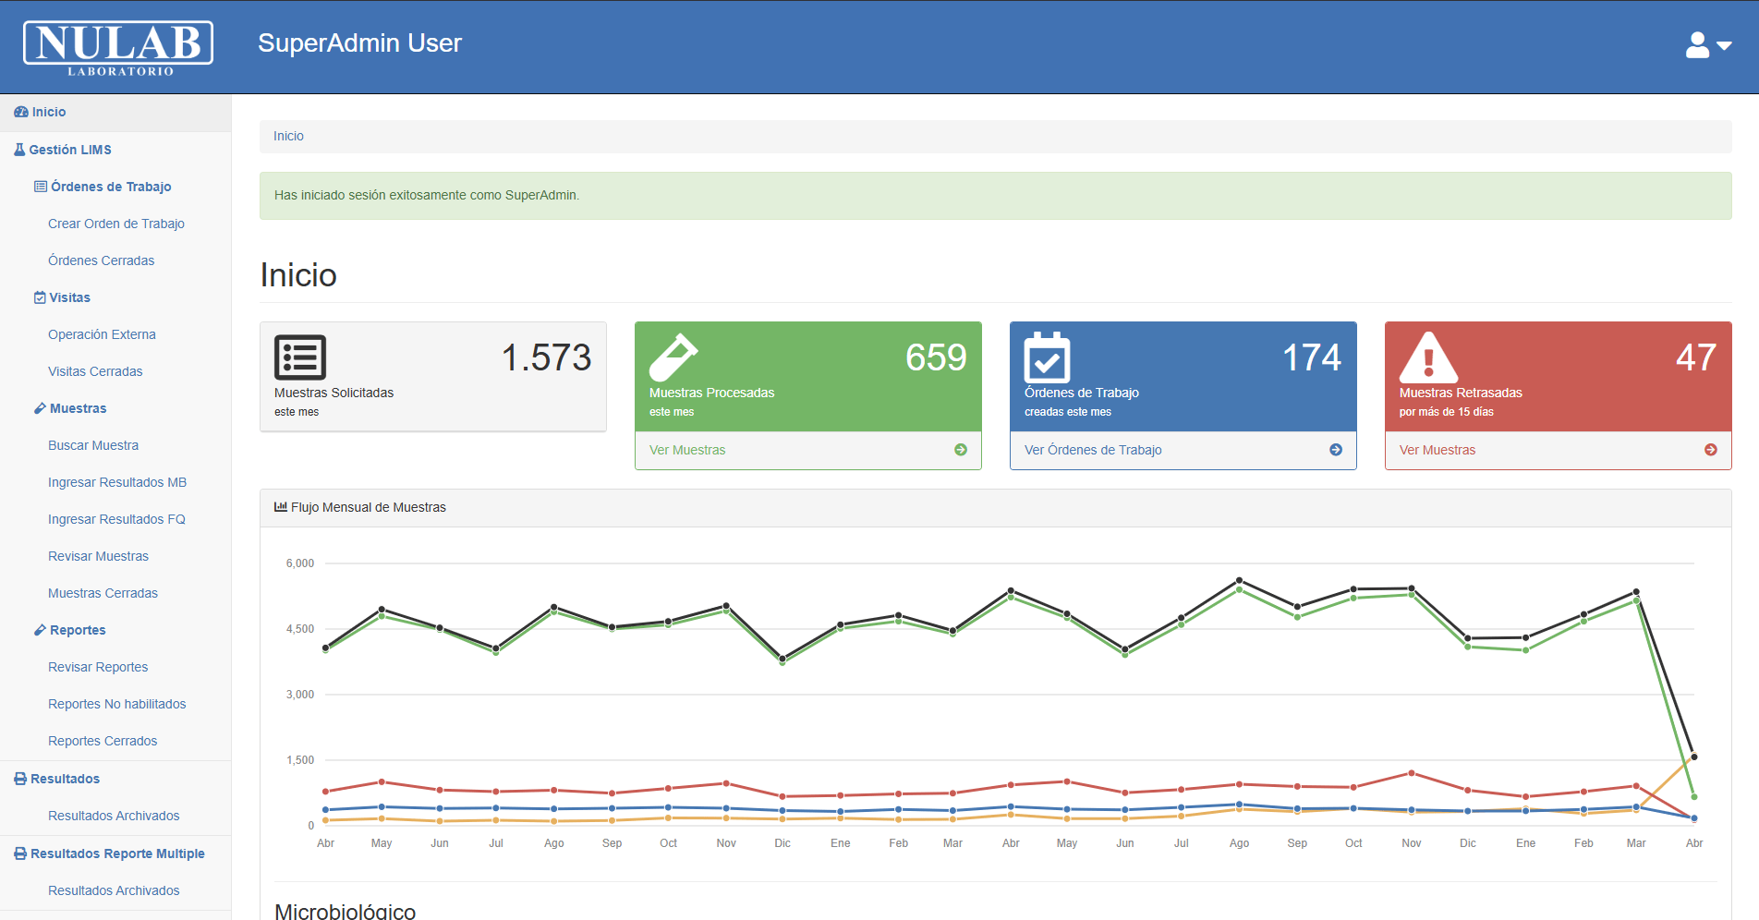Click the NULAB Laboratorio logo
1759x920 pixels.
pos(118,47)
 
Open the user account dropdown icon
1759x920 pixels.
pos(1707,45)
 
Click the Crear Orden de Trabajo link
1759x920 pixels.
pos(116,224)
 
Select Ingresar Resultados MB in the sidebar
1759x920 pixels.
pos(117,482)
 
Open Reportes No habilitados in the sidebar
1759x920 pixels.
pos(117,704)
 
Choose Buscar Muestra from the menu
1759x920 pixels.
pos(93,445)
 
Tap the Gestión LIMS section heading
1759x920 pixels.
pos(70,150)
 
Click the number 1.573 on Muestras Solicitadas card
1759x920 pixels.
pos(546,357)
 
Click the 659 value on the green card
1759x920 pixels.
pos(935,357)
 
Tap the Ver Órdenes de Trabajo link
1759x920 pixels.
pos(1093,450)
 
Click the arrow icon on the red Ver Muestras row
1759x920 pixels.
pos(1710,450)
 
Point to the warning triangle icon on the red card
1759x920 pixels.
pos(1428,357)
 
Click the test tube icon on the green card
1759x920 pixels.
pos(673,357)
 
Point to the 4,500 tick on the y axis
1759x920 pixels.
pos(300,629)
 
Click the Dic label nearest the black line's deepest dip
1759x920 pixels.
pos(782,843)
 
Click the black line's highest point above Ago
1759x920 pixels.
pos(1239,581)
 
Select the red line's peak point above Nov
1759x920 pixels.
pos(1411,773)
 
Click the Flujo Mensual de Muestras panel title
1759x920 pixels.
pos(368,507)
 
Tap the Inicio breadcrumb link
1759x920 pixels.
pos(288,136)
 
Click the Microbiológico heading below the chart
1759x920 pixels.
pos(346,911)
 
